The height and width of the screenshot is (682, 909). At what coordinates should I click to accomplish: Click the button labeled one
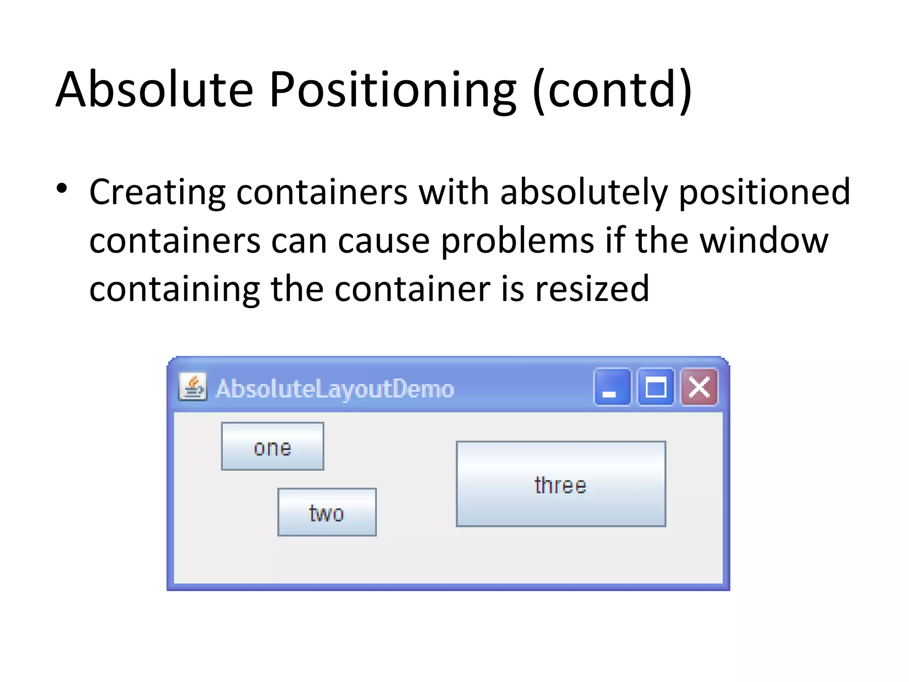[x=273, y=446]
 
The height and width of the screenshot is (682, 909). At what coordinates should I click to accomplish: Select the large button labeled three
[x=561, y=484]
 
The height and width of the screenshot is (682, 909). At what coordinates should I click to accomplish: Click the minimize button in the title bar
[x=612, y=387]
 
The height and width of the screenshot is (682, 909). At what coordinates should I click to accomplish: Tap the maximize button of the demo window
[x=656, y=387]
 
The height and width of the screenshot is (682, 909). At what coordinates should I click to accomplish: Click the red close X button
[x=699, y=387]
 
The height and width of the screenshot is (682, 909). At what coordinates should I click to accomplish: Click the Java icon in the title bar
[x=193, y=387]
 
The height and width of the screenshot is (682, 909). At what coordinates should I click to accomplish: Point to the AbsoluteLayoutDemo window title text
[x=335, y=389]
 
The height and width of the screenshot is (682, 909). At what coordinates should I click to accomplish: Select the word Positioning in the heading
[x=393, y=90]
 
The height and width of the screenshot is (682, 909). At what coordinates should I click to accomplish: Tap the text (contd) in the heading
[x=612, y=90]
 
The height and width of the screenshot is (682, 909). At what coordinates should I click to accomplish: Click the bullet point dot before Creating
[x=62, y=189]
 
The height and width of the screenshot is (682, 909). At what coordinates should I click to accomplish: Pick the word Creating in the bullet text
[x=158, y=192]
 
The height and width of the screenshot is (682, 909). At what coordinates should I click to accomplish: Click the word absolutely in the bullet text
[x=584, y=192]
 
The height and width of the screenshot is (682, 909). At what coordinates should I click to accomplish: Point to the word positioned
[x=764, y=192]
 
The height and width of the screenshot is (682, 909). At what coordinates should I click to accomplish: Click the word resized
[x=592, y=289]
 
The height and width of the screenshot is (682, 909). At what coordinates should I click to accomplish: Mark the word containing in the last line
[x=174, y=289]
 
